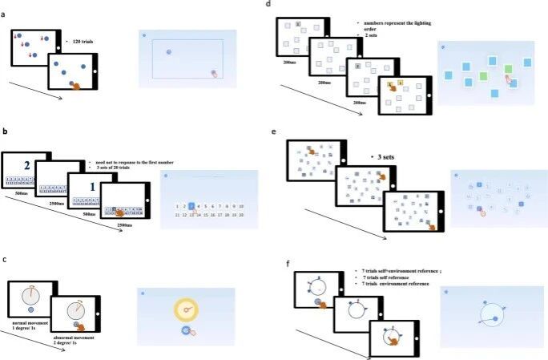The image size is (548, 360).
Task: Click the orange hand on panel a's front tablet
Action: [77, 85]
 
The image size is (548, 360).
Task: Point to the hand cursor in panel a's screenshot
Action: [214, 74]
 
